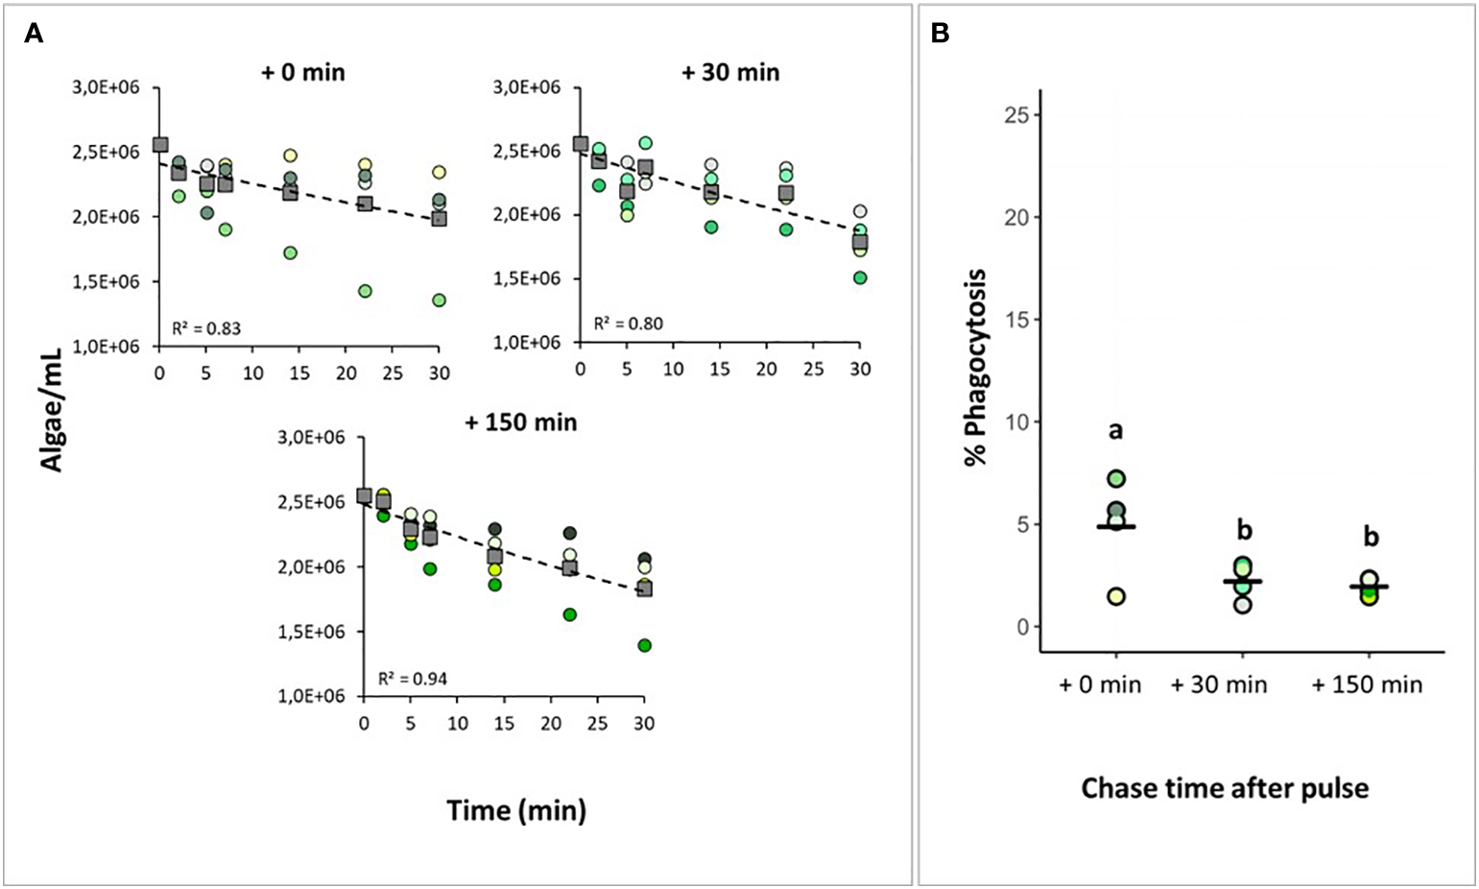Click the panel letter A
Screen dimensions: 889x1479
[x=34, y=34]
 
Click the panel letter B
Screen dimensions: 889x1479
[x=941, y=34]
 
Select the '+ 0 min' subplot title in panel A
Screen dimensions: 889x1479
[x=303, y=72]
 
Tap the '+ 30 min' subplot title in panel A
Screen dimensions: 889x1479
[x=730, y=72]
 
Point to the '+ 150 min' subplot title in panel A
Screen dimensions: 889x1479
[x=521, y=422]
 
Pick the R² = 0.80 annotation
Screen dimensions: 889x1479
[x=628, y=324]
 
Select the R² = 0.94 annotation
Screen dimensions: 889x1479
[x=412, y=679]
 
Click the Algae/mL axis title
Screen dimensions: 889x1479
[x=52, y=403]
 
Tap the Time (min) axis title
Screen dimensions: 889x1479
[x=516, y=810]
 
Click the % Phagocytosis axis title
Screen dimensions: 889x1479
[x=976, y=368]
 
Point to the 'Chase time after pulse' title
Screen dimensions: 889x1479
[x=1225, y=788]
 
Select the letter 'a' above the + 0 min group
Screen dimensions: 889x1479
[x=1115, y=431]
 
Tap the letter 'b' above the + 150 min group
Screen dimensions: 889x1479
[x=1370, y=536]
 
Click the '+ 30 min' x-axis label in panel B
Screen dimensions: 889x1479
[x=1219, y=685]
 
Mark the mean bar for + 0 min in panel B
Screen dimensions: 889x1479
[x=1116, y=527]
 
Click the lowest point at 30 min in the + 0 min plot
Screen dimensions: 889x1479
[x=439, y=300]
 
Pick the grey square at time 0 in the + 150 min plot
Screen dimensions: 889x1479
[x=364, y=496]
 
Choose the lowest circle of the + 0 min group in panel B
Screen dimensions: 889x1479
[x=1116, y=596]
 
